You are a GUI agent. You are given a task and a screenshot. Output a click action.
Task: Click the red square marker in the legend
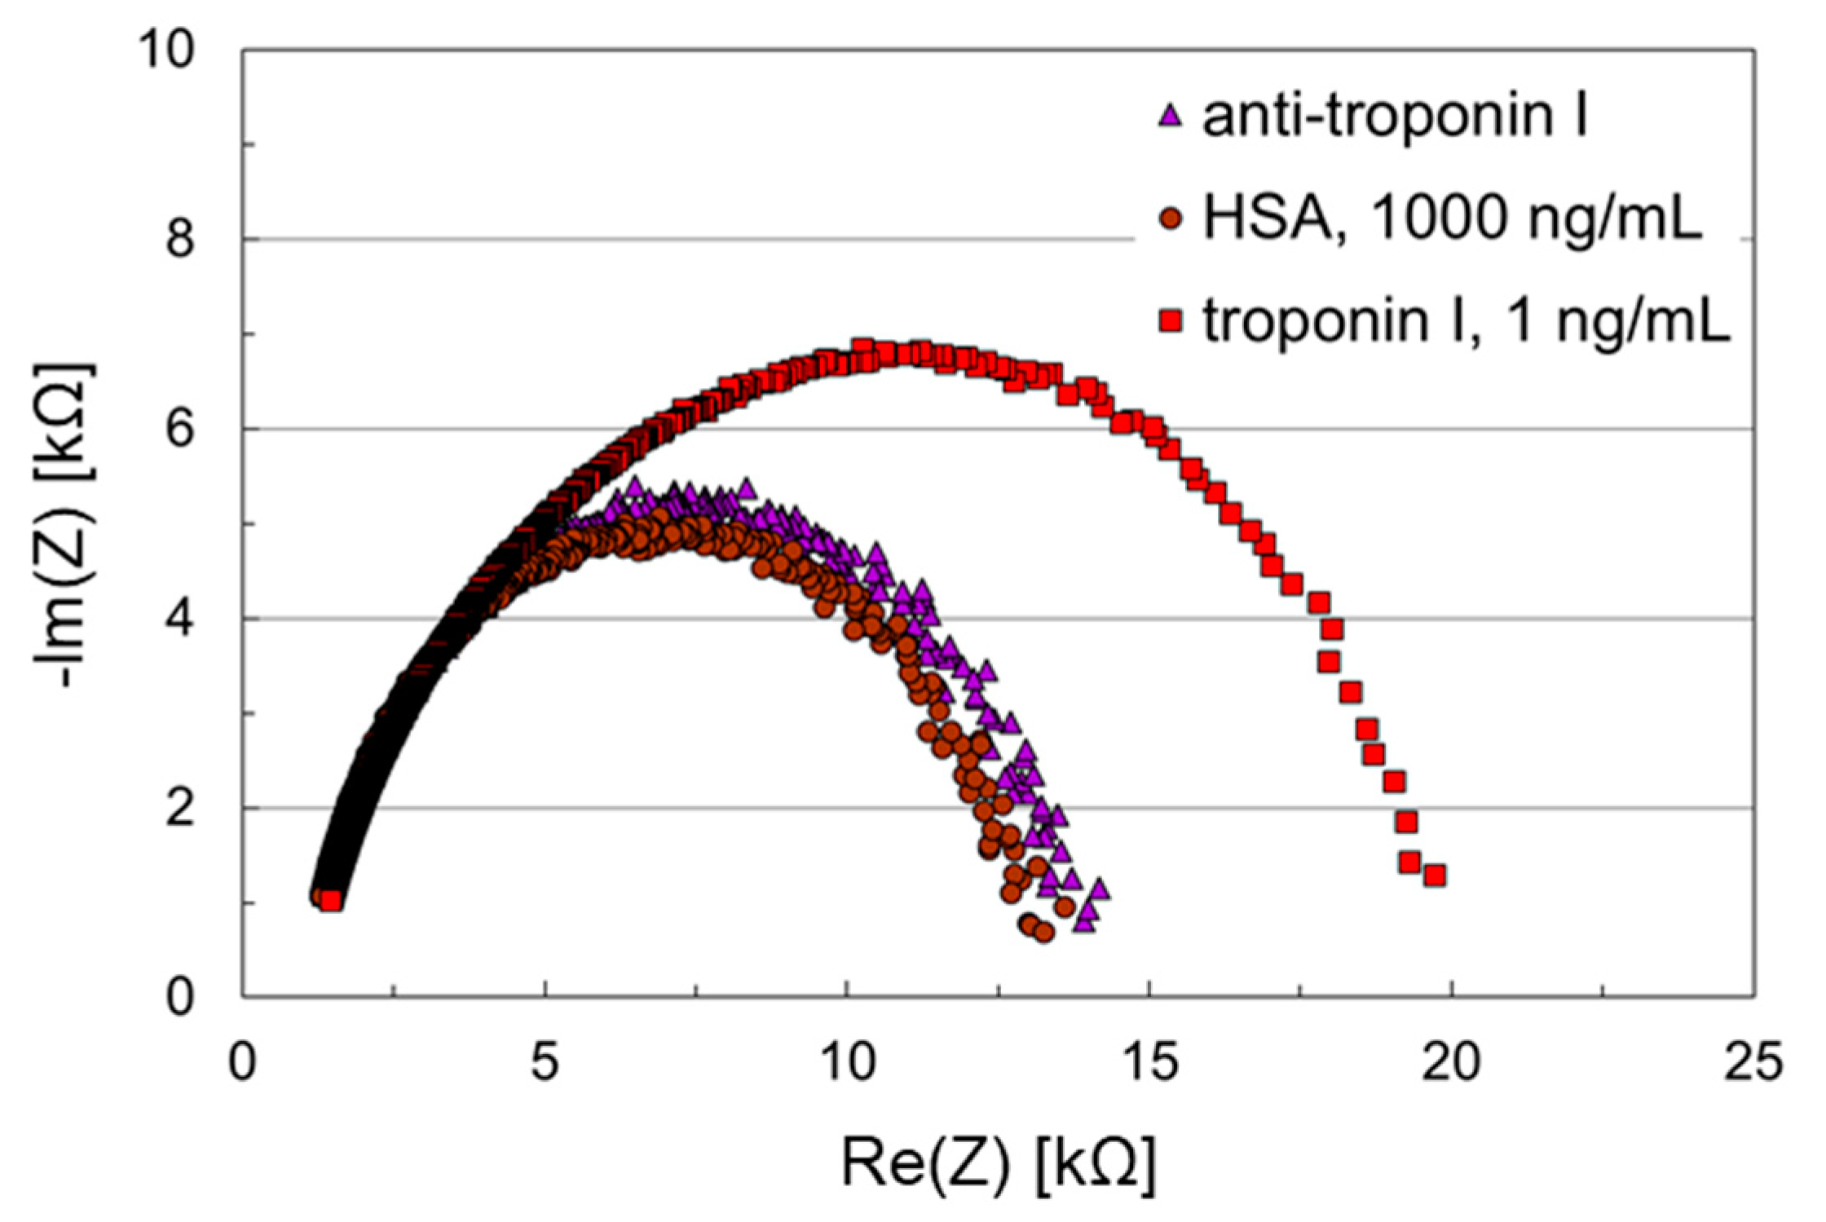(1170, 322)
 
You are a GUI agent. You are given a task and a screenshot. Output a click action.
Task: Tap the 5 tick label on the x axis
(545, 1063)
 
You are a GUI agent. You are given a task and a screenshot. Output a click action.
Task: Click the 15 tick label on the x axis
(1149, 1063)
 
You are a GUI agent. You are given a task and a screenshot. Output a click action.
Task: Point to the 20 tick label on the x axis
(1451, 1063)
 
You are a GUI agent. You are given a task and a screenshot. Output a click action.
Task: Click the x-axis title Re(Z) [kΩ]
(998, 1164)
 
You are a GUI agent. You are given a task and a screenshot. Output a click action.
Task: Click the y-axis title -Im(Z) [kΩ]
(65, 526)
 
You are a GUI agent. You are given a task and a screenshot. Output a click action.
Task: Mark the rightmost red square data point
(1435, 876)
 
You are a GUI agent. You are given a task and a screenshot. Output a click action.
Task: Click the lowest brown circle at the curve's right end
(1043, 933)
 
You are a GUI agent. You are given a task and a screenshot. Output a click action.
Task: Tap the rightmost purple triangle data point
(1099, 890)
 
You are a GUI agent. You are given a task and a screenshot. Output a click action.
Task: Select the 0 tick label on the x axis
(242, 1063)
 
